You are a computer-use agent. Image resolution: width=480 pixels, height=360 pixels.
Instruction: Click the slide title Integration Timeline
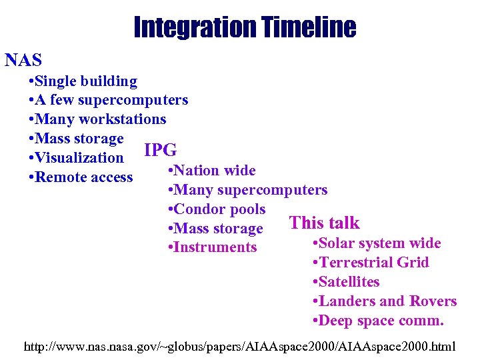[244, 28]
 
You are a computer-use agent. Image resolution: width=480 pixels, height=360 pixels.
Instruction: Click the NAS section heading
[23, 61]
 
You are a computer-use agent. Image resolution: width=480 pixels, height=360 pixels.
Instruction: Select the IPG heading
[160, 149]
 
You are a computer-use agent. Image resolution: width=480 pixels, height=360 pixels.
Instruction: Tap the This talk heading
[324, 223]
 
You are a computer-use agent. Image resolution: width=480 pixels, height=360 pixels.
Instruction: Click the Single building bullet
[83, 81]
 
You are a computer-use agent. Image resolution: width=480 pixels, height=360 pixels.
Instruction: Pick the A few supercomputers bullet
[109, 101]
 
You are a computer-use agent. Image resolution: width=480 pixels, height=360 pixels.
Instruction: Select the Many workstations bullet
[98, 120]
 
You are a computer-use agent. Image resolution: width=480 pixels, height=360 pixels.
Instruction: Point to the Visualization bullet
[77, 158]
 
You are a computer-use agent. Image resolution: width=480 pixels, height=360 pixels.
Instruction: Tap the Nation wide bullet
[212, 171]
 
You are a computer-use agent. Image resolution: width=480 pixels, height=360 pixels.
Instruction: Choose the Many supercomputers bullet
[248, 190]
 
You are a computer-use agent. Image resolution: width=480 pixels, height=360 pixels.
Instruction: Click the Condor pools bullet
[217, 209]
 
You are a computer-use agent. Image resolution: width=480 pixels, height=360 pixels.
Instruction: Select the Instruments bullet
[213, 247]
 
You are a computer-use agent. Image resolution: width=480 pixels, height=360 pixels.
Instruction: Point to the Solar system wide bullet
[377, 243]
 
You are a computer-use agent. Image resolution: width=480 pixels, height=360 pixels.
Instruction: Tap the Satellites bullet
[346, 282]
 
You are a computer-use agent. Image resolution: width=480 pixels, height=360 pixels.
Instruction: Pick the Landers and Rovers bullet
[385, 301]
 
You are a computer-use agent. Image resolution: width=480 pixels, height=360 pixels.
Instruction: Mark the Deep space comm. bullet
[378, 321]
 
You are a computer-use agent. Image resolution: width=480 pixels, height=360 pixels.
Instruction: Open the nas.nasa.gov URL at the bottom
[240, 347]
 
